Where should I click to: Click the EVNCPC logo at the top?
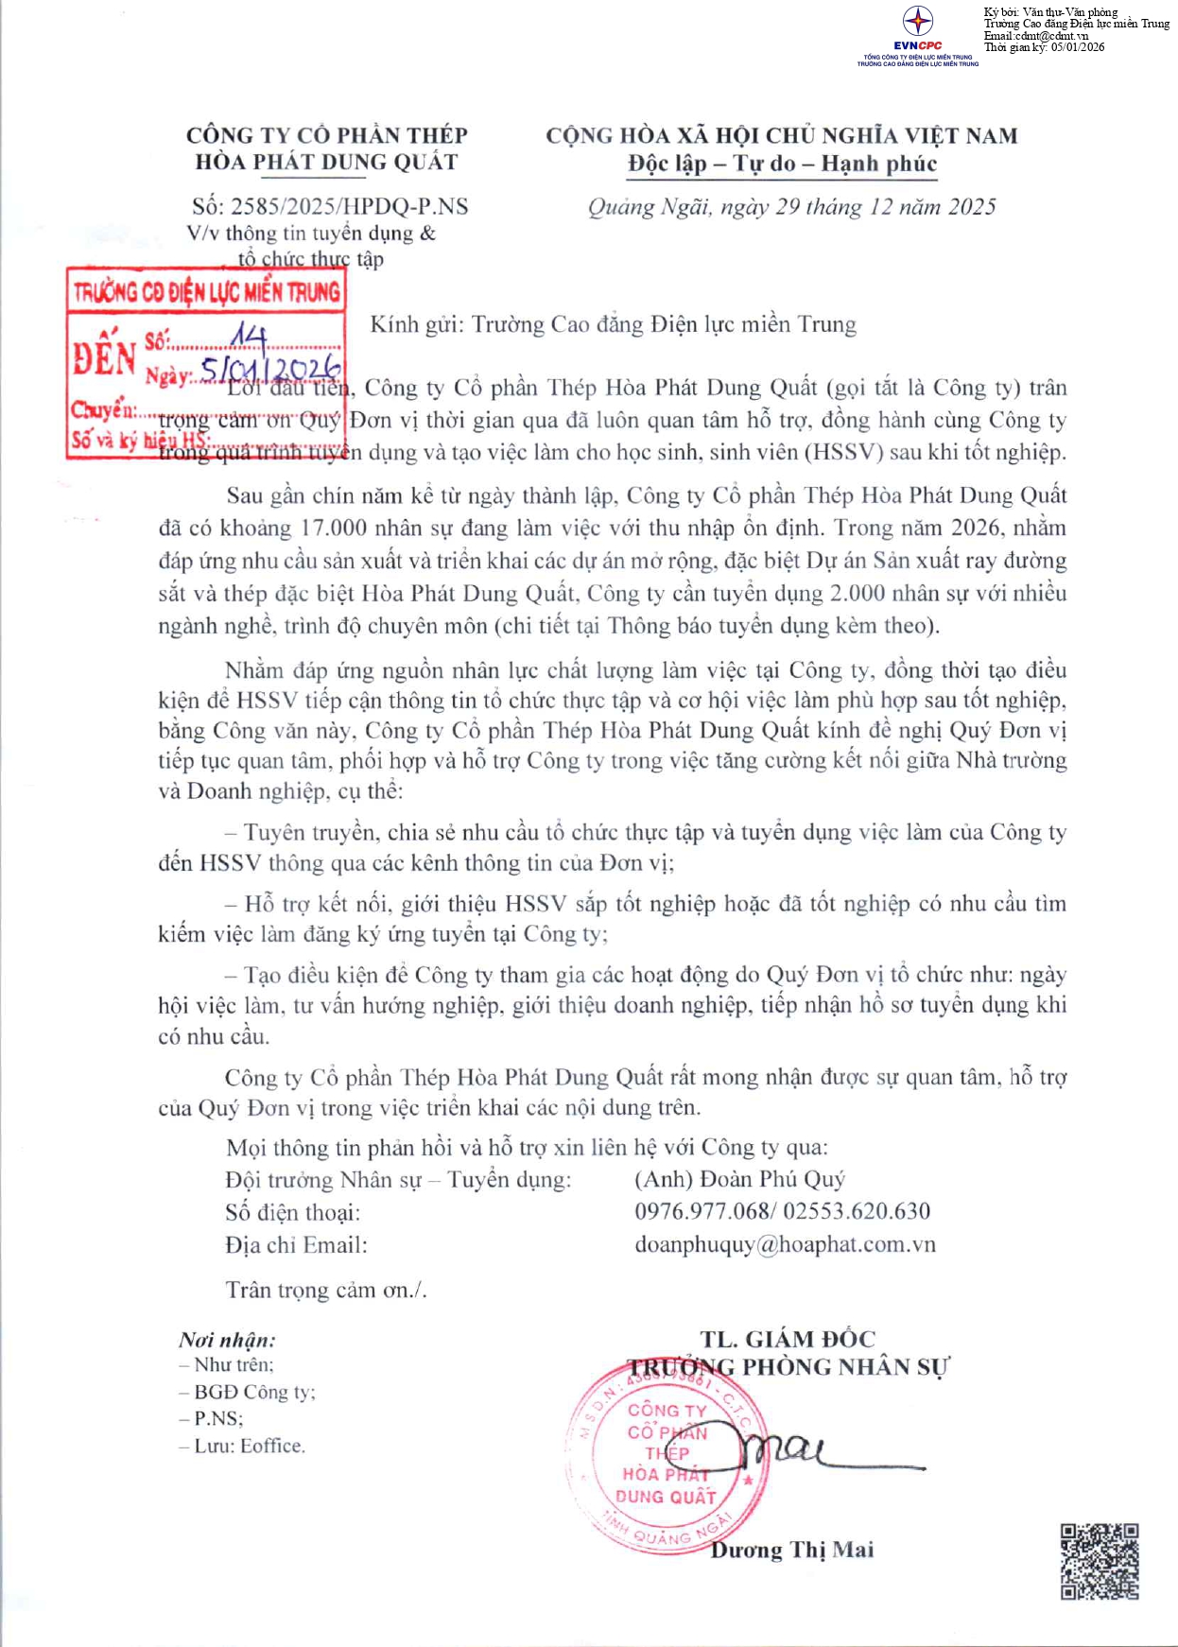point(917,28)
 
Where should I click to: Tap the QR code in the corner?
point(1099,1561)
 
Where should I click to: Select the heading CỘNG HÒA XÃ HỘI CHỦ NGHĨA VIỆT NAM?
point(782,136)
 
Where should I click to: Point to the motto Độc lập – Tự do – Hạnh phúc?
point(782,165)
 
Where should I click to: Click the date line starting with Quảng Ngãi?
point(791,207)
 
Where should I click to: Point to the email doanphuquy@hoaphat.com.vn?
point(785,1244)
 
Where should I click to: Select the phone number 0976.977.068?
point(702,1211)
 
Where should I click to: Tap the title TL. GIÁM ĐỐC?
point(788,1339)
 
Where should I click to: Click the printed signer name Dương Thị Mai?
point(792,1550)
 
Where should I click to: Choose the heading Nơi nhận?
point(227,1340)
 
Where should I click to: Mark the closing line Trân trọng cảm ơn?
point(325,1290)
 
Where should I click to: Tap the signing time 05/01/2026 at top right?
point(1077,47)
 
